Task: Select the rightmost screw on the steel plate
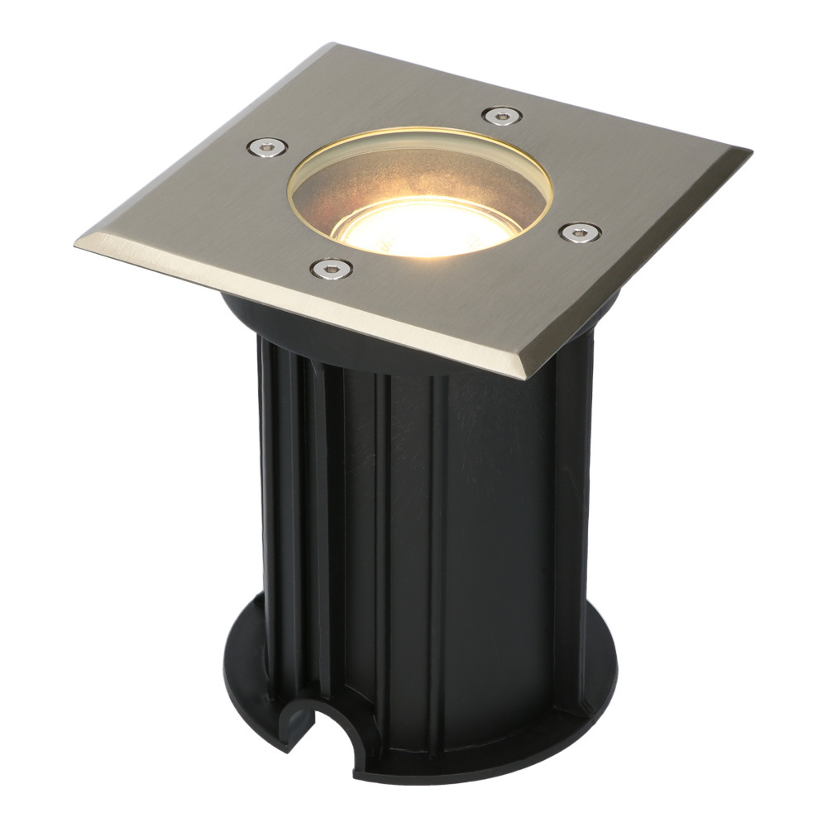[x=580, y=232]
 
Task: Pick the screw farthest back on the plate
[x=502, y=116]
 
